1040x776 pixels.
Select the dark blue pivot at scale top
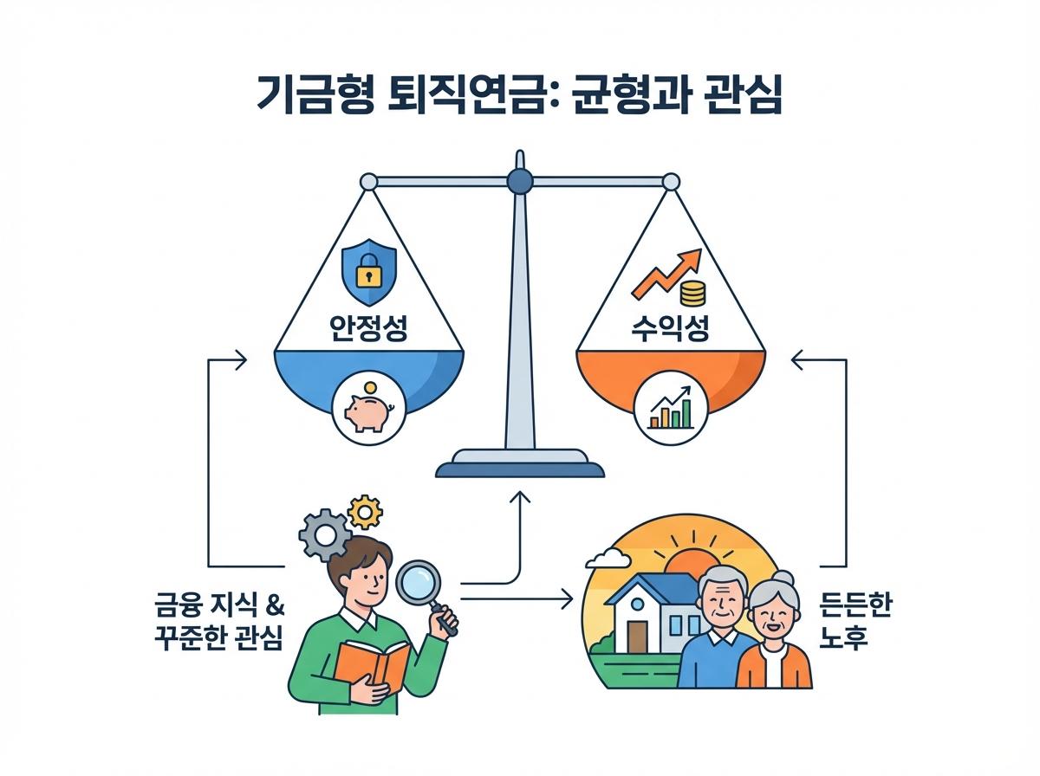pyautogui.click(x=519, y=180)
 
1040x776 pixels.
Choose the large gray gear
pyautogui.click(x=320, y=533)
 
